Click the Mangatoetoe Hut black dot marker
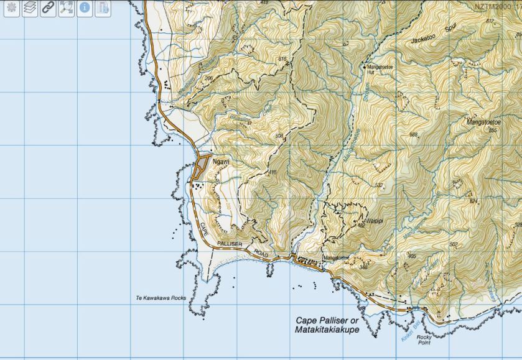click(x=365, y=65)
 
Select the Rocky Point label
click(x=424, y=340)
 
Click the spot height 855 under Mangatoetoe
click(x=493, y=131)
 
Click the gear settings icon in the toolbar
click(x=12, y=8)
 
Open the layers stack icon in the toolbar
click(x=30, y=8)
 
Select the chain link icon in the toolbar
click(x=48, y=8)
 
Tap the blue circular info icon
click(x=84, y=8)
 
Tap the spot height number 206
click(x=208, y=78)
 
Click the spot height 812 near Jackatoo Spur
click(x=490, y=21)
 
